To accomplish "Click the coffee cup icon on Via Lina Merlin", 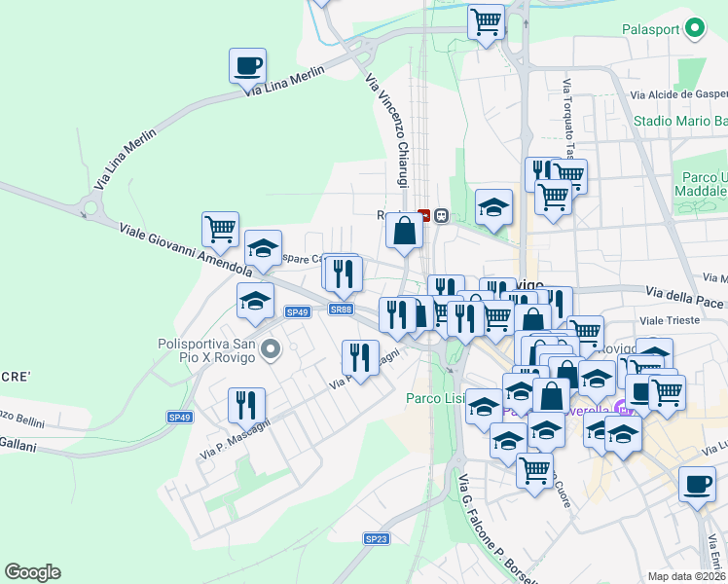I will pos(247,66).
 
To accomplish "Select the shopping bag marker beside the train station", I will pos(403,232).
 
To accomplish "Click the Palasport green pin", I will pos(695,30).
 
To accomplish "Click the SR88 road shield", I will pos(340,310).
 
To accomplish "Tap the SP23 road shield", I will pos(377,538).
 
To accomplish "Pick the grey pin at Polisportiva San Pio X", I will pos(273,347).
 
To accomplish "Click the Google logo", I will pos(32,572).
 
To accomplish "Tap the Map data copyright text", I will pos(686,576).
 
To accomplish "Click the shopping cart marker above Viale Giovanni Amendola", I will pos(220,230).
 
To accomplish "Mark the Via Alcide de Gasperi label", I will pos(679,94).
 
